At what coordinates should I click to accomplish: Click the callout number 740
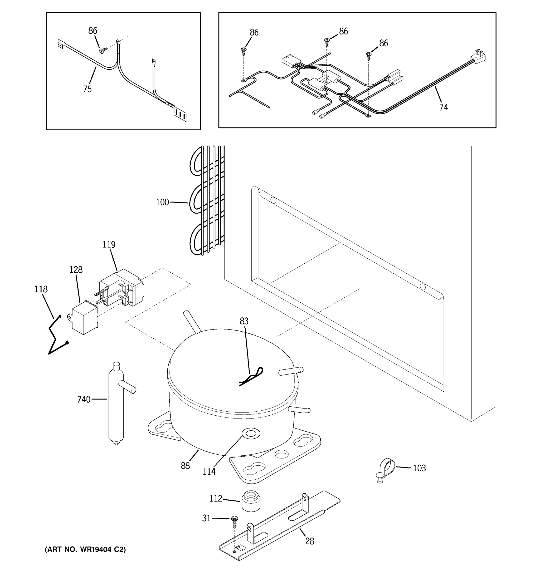pyautogui.click(x=84, y=399)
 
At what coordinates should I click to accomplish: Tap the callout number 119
pyautogui.click(x=109, y=244)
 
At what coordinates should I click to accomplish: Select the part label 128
pyautogui.click(x=76, y=269)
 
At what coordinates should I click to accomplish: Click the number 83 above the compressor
pyautogui.click(x=244, y=321)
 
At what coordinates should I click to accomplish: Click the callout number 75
pyautogui.click(x=87, y=89)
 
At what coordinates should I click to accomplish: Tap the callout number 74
pyautogui.click(x=443, y=107)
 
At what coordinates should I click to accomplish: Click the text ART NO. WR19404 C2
pyautogui.click(x=85, y=549)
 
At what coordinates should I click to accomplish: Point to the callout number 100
pyautogui.click(x=162, y=202)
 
